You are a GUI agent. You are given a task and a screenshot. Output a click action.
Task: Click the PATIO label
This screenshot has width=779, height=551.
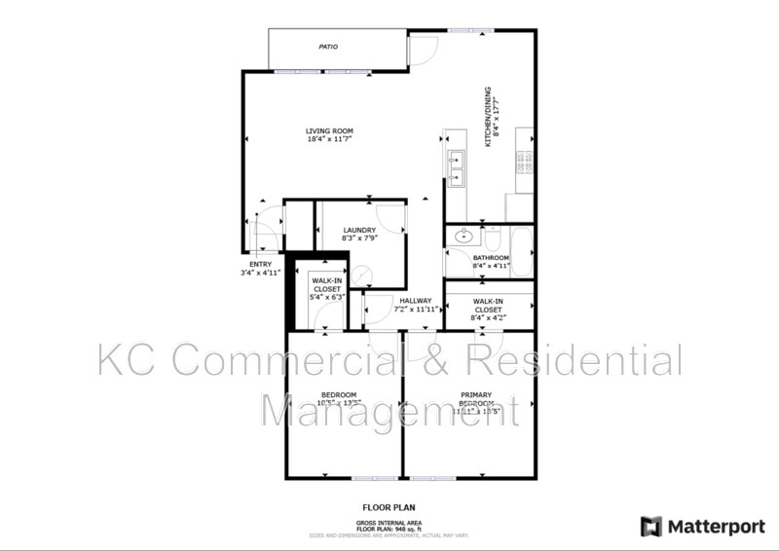coord(328,46)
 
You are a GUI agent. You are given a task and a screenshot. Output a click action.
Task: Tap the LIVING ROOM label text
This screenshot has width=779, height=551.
coord(329,130)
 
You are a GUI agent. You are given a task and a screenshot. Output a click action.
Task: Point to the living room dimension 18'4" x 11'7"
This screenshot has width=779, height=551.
coord(329,139)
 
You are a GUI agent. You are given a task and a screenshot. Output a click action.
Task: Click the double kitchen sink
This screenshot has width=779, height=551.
coord(455,167)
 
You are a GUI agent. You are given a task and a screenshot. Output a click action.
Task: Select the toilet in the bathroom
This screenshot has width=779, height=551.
coord(493,237)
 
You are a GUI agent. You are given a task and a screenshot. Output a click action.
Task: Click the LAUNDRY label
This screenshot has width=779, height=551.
coord(359,231)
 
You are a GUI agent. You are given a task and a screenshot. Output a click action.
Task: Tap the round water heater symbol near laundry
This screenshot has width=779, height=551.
coord(361,277)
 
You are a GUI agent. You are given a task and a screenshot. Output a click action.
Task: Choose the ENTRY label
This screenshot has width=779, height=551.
coord(261,264)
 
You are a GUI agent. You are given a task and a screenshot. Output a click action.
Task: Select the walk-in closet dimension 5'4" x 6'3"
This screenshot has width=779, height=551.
coord(326,298)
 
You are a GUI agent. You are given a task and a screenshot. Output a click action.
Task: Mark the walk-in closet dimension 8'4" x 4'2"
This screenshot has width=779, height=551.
coord(489,316)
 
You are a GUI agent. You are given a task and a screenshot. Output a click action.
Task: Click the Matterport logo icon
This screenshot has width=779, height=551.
coord(650,527)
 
